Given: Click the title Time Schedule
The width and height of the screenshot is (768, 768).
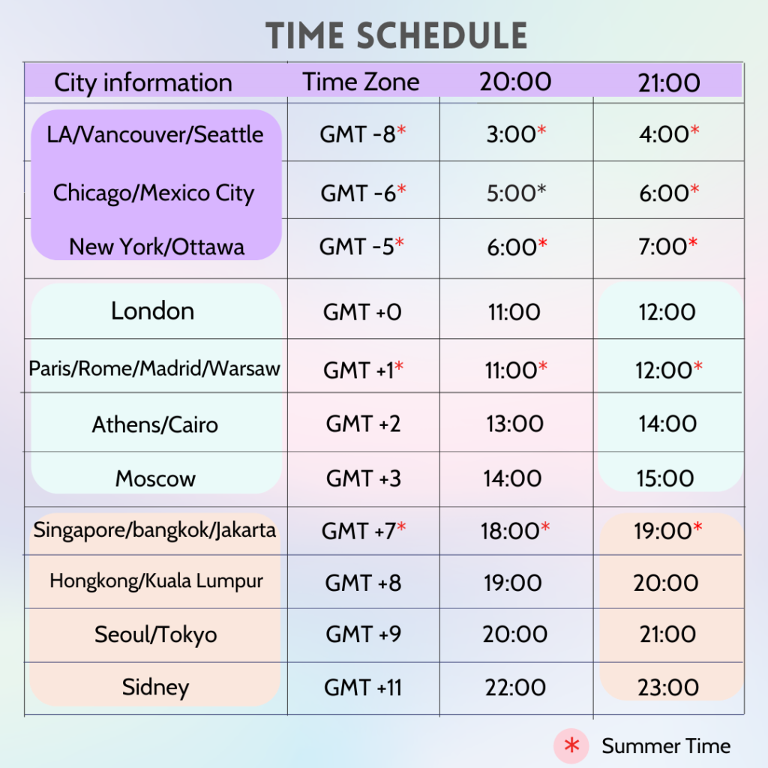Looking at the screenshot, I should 396,36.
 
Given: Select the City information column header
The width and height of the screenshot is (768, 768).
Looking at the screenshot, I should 142,82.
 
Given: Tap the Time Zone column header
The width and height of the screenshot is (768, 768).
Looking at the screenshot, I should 361,82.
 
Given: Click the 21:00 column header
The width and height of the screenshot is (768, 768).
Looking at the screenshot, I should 669,82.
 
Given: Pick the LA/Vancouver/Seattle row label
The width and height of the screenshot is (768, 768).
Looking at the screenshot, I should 155,135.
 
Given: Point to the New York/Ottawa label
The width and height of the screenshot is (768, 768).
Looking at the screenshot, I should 157,247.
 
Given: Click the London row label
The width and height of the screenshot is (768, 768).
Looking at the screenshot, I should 153,311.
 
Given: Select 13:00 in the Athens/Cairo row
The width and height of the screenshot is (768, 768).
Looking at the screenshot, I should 514,424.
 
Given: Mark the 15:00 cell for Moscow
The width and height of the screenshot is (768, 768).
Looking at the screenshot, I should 666,478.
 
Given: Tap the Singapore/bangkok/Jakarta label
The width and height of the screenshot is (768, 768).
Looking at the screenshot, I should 154,531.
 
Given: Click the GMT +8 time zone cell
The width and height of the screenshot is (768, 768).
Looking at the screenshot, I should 363,583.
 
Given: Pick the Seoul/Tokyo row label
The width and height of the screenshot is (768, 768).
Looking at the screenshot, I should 155,635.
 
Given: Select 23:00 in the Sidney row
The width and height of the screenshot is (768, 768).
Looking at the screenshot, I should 667,687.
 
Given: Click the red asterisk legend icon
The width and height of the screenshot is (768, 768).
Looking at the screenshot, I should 572,745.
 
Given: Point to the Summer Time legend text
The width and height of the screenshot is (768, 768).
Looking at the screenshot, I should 666,745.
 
